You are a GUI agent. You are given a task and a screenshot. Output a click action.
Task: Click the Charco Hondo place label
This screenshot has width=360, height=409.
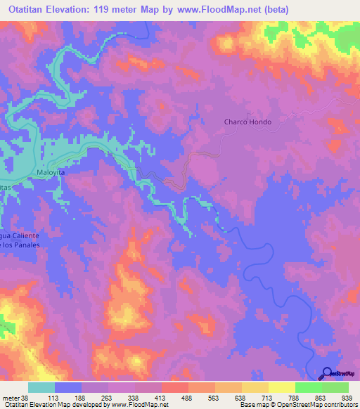[247, 122]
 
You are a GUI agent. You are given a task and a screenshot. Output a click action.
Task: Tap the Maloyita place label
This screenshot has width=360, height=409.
[51, 171]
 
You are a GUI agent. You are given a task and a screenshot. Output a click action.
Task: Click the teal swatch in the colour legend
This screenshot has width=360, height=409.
[41, 387]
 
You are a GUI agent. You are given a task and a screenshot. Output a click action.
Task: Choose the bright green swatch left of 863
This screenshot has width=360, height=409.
[308, 387]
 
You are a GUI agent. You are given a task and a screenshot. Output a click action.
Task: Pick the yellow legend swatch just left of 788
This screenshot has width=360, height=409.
[281, 387]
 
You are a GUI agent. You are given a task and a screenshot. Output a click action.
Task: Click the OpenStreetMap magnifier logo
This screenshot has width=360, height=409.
[327, 373]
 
